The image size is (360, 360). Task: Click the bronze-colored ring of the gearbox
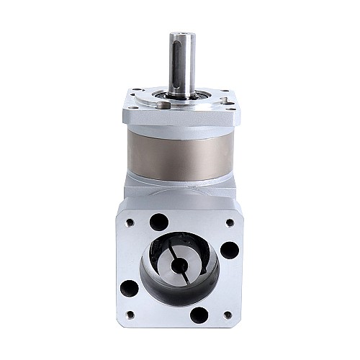180,153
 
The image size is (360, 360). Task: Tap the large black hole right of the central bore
230,250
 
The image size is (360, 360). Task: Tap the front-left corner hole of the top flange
132,110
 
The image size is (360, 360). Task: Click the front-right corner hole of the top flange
228,110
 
